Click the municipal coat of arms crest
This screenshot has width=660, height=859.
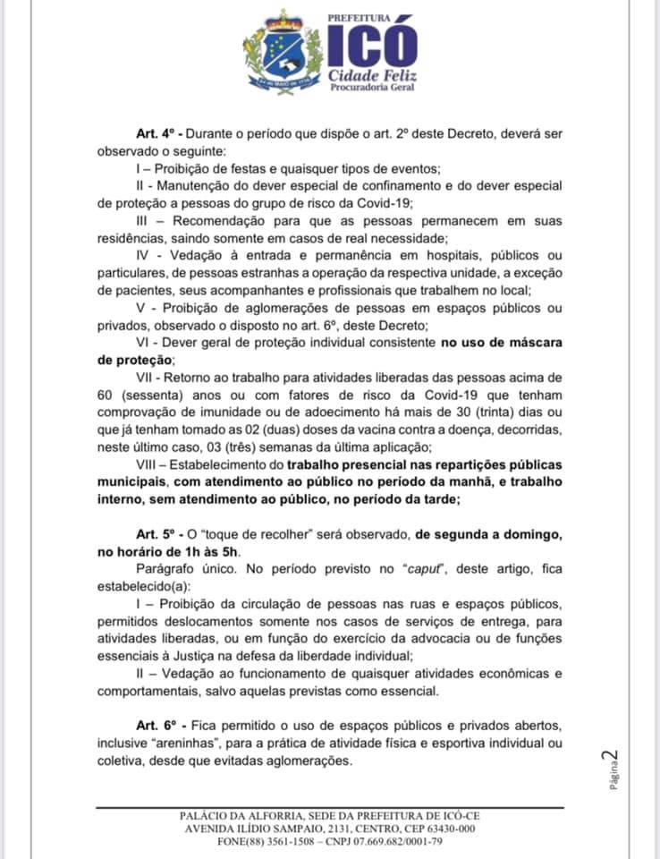tap(283, 52)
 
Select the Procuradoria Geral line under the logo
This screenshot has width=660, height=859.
tap(372, 86)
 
